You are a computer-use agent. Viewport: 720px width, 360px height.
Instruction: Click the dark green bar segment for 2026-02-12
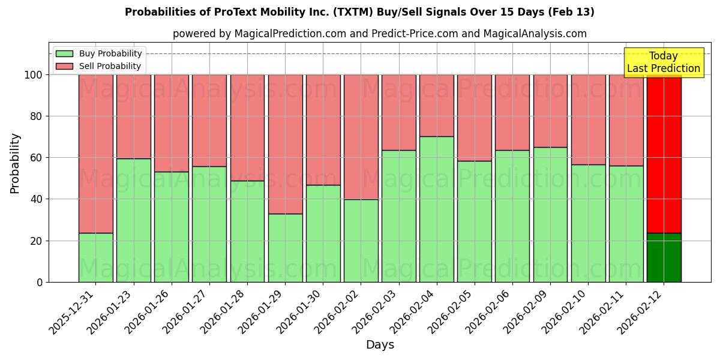point(664,257)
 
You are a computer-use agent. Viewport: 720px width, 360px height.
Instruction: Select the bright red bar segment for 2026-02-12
point(664,154)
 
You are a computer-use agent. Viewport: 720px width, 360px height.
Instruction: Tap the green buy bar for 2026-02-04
point(436,209)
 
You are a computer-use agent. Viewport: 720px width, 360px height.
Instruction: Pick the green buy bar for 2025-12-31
point(95,257)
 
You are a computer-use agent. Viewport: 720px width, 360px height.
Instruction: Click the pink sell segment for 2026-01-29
point(285,144)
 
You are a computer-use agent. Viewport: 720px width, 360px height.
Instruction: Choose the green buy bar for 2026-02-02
point(361,241)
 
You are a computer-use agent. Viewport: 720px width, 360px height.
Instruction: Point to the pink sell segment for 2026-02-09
point(550,111)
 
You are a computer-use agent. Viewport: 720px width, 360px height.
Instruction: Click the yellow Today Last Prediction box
point(664,62)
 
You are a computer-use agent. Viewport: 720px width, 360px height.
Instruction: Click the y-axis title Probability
point(15,163)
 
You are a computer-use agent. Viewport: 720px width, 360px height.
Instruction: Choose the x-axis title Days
point(380,345)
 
